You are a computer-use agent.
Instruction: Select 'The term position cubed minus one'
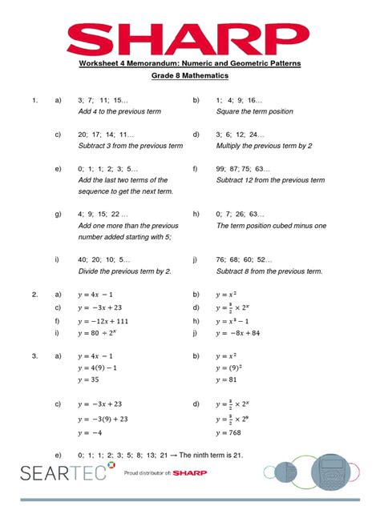coord(271,226)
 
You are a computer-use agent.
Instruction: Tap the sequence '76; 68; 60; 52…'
coord(244,260)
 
